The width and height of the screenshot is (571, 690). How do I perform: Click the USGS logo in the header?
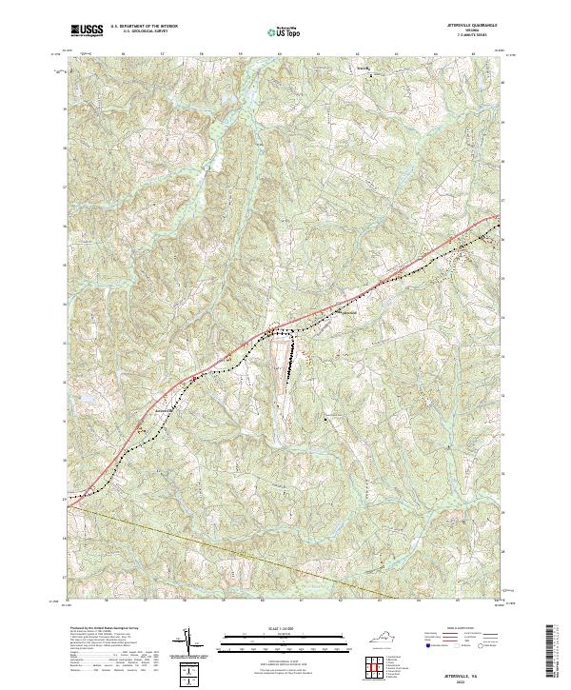(87, 31)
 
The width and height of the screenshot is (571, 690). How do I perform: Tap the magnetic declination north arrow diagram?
(189, 641)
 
